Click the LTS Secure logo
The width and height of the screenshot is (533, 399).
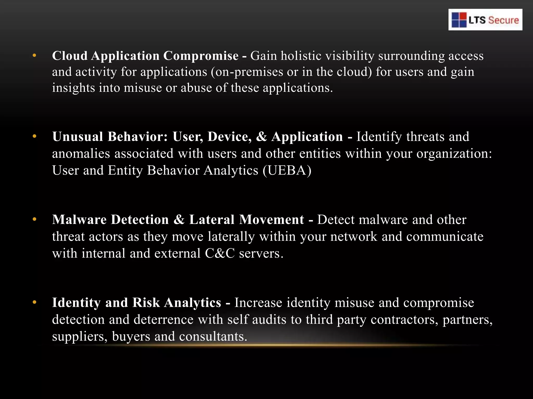pyautogui.click(x=485, y=20)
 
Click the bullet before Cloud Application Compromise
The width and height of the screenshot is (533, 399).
pyautogui.click(x=34, y=55)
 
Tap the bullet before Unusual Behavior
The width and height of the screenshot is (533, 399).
pyautogui.click(x=34, y=136)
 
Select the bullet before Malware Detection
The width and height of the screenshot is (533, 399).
pyautogui.click(x=34, y=219)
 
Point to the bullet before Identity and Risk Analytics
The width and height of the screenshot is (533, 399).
pyautogui.click(x=34, y=302)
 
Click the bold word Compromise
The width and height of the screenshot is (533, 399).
pyautogui.click(x=201, y=56)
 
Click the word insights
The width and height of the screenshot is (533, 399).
pyautogui.click(x=73, y=88)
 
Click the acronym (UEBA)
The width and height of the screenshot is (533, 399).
pyautogui.click(x=287, y=170)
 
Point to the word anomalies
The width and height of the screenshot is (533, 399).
pyautogui.click(x=81, y=154)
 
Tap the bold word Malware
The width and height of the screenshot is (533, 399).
pyautogui.click(x=79, y=220)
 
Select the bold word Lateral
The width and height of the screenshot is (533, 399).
pyautogui.click(x=212, y=220)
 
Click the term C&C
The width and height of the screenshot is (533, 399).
pyautogui.click(x=220, y=253)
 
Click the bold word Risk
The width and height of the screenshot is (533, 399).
pyautogui.click(x=146, y=302)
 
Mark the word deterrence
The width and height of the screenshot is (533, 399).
pyautogui.click(x=163, y=319)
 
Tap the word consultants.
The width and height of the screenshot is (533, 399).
pyautogui.click(x=213, y=336)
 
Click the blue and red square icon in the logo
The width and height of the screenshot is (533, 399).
pyautogui.click(x=459, y=20)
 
